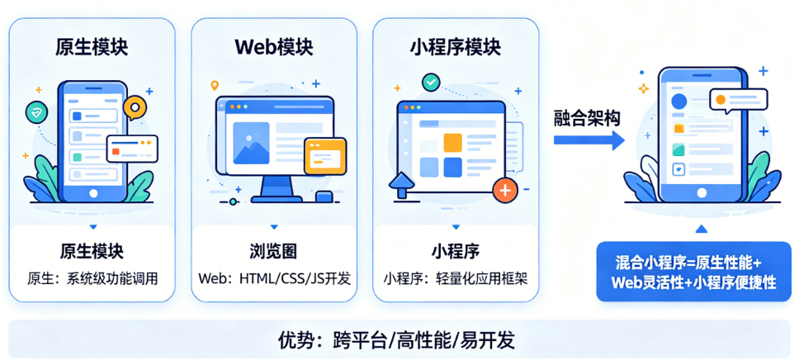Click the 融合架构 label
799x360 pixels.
[587, 119]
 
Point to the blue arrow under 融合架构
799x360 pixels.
[589, 140]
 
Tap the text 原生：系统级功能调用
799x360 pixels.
[92, 279]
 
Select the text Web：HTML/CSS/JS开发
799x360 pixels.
[274, 279]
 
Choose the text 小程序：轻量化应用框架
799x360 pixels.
[456, 279]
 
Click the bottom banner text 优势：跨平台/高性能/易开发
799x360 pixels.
[397, 339]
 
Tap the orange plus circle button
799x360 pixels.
[505, 191]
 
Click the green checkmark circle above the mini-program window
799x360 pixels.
[432, 82]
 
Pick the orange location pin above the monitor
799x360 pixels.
[215, 86]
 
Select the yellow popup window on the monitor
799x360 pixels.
[325, 156]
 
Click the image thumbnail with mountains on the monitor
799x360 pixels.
[251, 143]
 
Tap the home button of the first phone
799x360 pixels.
[92, 194]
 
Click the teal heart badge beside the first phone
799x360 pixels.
[36, 113]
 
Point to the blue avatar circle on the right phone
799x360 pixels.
[679, 101]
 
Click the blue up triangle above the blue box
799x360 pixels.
[702, 229]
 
